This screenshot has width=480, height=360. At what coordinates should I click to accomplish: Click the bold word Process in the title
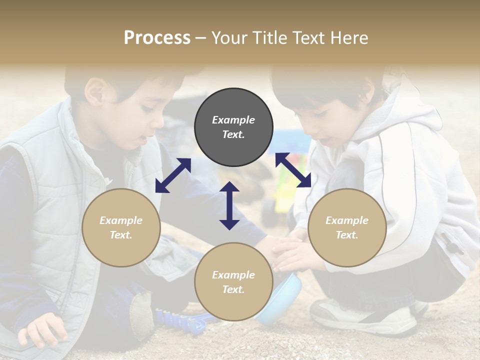pyautogui.click(x=157, y=38)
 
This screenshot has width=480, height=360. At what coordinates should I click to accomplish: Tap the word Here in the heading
pyautogui.click(x=348, y=38)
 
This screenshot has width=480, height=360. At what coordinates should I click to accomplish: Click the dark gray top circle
pyautogui.click(x=233, y=127)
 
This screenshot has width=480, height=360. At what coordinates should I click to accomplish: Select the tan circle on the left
pyautogui.click(x=121, y=227)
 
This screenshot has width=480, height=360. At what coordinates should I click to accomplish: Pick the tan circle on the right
pyautogui.click(x=347, y=227)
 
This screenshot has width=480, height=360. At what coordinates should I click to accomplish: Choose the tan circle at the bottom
pyautogui.click(x=233, y=282)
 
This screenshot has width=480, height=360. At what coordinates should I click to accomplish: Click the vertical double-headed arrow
pyautogui.click(x=229, y=205)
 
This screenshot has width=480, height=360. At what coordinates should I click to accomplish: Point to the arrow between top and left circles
pyautogui.click(x=173, y=175)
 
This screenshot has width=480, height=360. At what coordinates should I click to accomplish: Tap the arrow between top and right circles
pyautogui.click(x=293, y=170)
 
